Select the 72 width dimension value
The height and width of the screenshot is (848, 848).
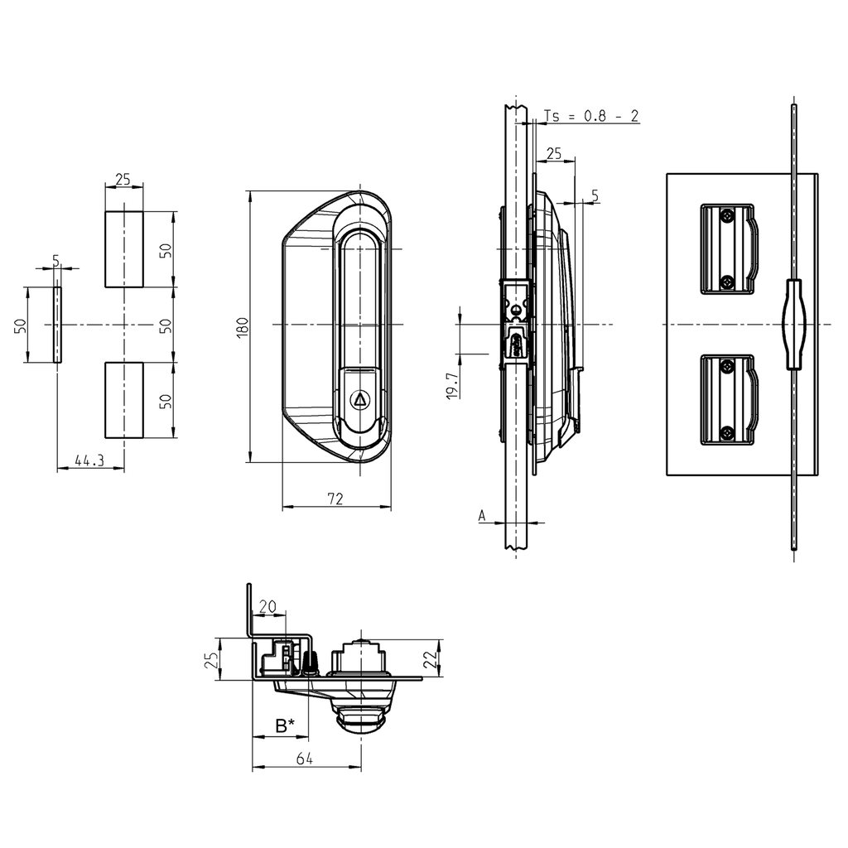[335, 499]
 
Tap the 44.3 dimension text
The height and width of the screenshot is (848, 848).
[89, 460]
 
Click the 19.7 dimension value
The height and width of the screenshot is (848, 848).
[450, 385]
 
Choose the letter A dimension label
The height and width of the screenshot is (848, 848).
[482, 515]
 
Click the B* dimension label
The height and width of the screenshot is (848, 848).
[284, 725]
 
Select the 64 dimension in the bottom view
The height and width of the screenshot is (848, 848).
[306, 759]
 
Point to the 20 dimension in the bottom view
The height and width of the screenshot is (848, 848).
[267, 606]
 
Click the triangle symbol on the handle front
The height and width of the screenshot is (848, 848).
[360, 399]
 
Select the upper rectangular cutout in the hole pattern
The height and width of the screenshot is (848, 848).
[123, 249]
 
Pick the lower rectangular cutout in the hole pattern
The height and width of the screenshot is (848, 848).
[123, 399]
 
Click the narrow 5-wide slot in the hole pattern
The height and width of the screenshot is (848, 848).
[57, 325]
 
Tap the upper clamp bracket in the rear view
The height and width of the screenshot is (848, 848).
[727, 248]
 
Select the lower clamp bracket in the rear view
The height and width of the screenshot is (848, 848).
[727, 400]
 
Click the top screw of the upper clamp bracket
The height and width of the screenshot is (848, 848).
[726, 215]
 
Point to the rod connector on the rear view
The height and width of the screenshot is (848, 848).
[793, 323]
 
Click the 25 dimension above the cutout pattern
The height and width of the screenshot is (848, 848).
[123, 179]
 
